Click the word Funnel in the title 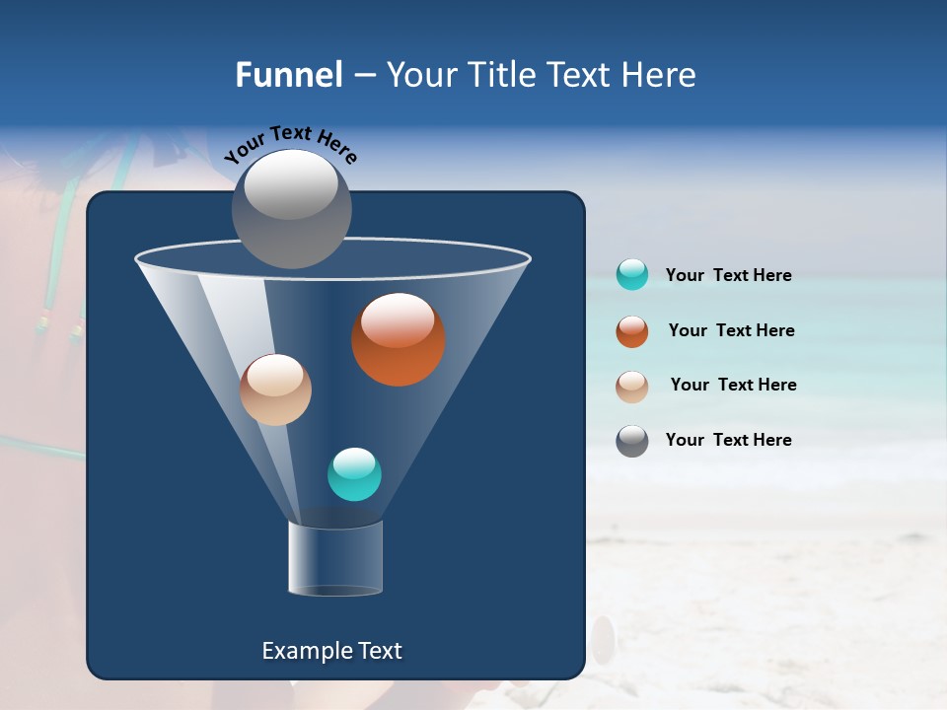tap(289, 75)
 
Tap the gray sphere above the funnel tap(291, 209)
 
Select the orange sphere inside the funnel tap(399, 340)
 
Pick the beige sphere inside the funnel tap(275, 390)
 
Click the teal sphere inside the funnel tap(354, 474)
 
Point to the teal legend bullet tap(632, 274)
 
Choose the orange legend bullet tap(632, 331)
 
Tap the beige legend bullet tap(632, 386)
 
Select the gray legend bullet tap(632, 441)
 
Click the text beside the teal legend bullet tap(728, 275)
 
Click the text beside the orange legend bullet tap(731, 330)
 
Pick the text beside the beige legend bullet tap(733, 385)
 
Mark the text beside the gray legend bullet tap(728, 440)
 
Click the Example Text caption tap(331, 651)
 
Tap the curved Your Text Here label tap(290, 143)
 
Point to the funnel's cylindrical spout tap(334, 558)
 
